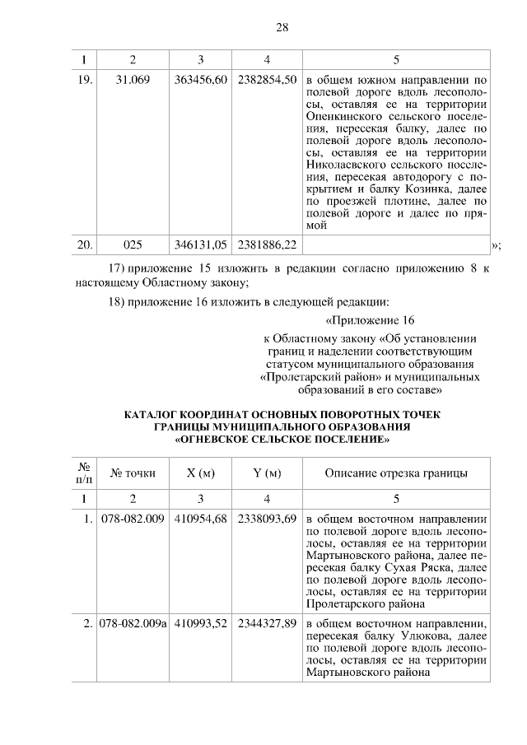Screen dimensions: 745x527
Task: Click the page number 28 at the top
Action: [x=281, y=28]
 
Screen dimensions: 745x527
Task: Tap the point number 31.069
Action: [x=133, y=81]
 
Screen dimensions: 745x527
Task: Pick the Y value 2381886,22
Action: [x=267, y=245]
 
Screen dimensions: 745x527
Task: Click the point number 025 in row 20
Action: [x=133, y=245]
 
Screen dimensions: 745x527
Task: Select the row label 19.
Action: [x=84, y=81]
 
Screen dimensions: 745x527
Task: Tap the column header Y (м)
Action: [x=267, y=473]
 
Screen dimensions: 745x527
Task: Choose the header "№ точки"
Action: [x=133, y=473]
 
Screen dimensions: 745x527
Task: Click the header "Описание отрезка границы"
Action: [x=396, y=473]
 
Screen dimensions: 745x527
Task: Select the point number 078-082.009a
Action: [x=133, y=623]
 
